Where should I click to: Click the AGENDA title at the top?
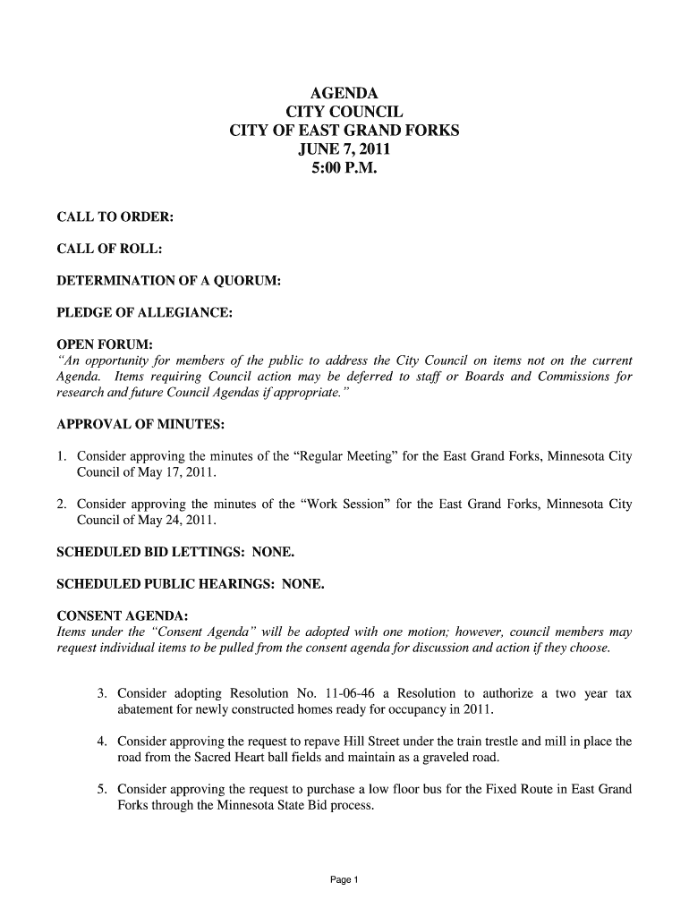coord(344,94)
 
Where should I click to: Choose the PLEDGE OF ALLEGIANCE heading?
coord(145,313)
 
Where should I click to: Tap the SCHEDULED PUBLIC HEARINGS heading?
coord(166,585)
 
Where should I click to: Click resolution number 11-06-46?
coord(355,694)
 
